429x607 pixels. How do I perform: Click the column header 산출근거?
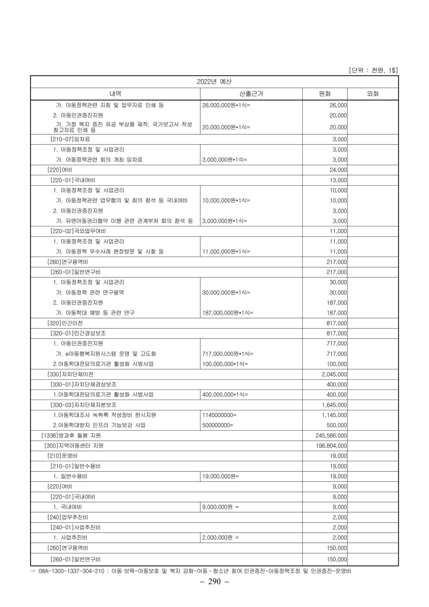(251, 94)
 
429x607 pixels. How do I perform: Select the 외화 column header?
(373, 94)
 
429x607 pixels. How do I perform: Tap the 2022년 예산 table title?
(214, 82)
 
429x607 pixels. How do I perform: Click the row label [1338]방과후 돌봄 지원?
(71, 435)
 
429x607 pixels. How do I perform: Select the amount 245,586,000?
(331, 435)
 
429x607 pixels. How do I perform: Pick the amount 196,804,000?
(331, 446)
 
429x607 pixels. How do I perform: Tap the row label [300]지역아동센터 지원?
(74, 446)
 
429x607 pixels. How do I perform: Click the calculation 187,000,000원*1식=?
(228, 313)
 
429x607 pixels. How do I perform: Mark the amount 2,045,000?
(334, 374)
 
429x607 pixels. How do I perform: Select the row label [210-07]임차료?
(70, 139)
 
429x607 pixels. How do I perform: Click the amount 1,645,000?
(334, 405)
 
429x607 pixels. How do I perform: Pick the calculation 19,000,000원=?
(221, 476)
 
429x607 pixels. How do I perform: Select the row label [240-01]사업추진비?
(76, 527)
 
